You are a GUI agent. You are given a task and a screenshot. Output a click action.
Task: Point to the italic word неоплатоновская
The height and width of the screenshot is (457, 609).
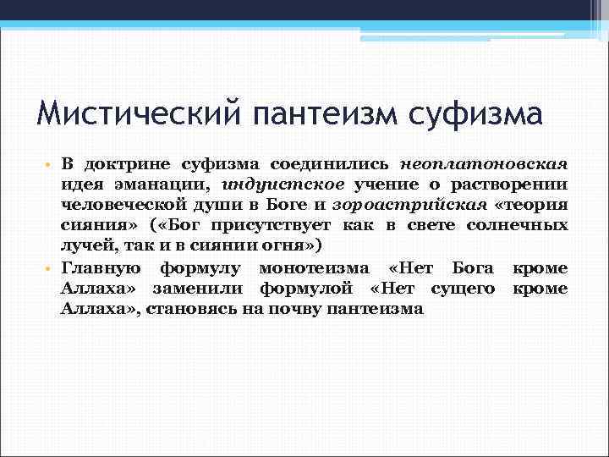[507, 162]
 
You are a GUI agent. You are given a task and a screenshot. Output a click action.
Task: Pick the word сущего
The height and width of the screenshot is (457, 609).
[464, 289]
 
